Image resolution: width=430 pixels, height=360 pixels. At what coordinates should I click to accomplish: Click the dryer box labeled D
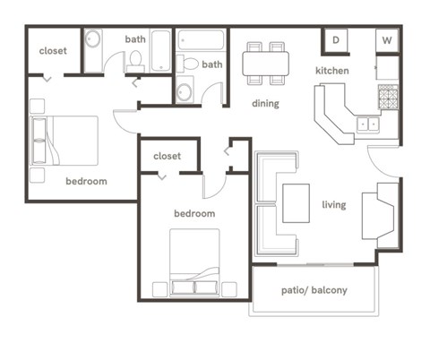point(336,40)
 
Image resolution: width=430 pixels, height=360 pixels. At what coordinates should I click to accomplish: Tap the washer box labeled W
point(388,40)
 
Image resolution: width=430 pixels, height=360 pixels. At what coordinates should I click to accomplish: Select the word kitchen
point(331,71)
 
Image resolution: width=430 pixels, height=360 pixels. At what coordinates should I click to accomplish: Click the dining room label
point(265,103)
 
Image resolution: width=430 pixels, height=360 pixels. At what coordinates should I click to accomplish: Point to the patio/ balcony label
point(314,290)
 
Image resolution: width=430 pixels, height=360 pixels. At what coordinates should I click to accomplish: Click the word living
point(333,205)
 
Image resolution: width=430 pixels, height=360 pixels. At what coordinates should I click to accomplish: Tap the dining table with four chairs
point(265,62)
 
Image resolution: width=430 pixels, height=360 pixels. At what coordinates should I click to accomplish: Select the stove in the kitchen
point(388,97)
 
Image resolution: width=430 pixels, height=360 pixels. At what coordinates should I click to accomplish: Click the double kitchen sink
point(367,124)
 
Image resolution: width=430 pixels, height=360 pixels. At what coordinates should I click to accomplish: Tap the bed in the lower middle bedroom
point(194,261)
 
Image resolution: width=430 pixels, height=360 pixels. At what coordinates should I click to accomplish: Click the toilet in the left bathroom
point(135,60)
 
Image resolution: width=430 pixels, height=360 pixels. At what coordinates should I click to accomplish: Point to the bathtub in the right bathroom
point(201,41)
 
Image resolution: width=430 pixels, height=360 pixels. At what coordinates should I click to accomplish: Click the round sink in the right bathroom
point(184,90)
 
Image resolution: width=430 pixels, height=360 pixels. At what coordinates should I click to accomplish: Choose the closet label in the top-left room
point(53,51)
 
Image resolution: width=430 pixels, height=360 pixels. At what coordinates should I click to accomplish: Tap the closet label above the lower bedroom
point(167,156)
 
